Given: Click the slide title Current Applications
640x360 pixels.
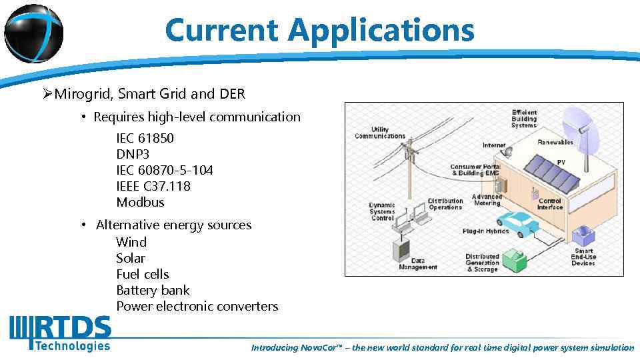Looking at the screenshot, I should tap(319, 30).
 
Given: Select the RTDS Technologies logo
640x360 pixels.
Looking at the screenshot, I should tap(61, 333).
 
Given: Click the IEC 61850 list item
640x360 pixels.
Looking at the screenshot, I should tap(145, 138).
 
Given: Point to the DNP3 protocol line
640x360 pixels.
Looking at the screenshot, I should tap(133, 154).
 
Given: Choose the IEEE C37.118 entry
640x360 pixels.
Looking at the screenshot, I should tap(153, 186).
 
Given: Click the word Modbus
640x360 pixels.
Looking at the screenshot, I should tap(139, 202).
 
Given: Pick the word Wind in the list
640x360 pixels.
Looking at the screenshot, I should tap(131, 242).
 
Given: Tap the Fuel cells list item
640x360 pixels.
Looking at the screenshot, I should tap(142, 274).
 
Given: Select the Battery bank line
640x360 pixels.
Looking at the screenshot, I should tap(152, 290).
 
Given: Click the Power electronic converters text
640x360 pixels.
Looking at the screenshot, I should tap(197, 306).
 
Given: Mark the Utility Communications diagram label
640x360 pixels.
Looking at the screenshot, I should tap(379, 132).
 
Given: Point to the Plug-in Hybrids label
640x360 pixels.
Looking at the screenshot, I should tap(485, 231).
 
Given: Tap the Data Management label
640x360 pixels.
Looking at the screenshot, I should tap(418, 264).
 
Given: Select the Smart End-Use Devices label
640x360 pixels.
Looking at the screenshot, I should tap(583, 257).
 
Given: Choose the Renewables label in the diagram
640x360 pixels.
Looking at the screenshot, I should tap(555, 142).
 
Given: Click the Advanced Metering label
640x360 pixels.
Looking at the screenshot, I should tap(487, 200).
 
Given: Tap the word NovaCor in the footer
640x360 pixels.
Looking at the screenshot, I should tap(320, 348).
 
